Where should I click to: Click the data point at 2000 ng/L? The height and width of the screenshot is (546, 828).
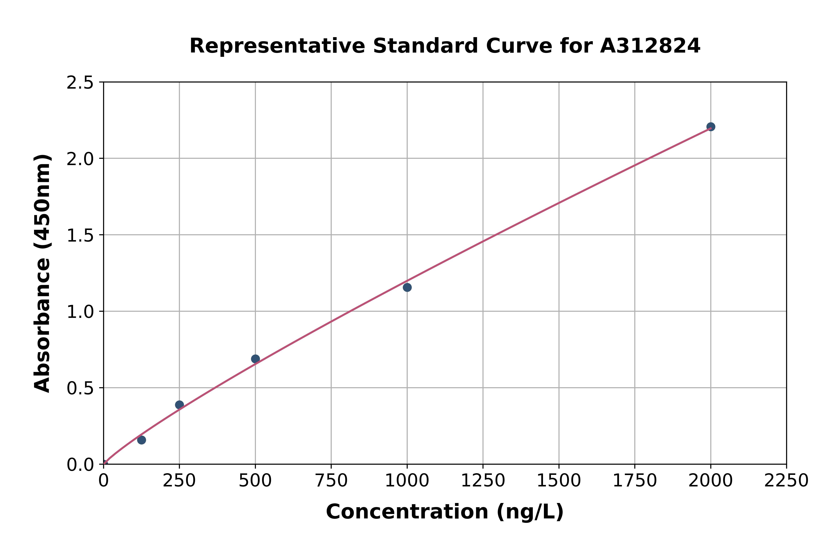coord(711,127)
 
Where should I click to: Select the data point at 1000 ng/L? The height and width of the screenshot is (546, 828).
coord(407,287)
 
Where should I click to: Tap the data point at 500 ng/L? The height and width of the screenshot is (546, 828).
coord(255,359)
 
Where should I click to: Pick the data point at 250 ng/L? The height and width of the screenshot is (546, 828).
coord(179,405)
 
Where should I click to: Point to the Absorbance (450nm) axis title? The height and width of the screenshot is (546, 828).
coord(43,273)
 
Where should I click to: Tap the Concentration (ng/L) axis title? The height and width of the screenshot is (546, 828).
coord(445,512)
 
